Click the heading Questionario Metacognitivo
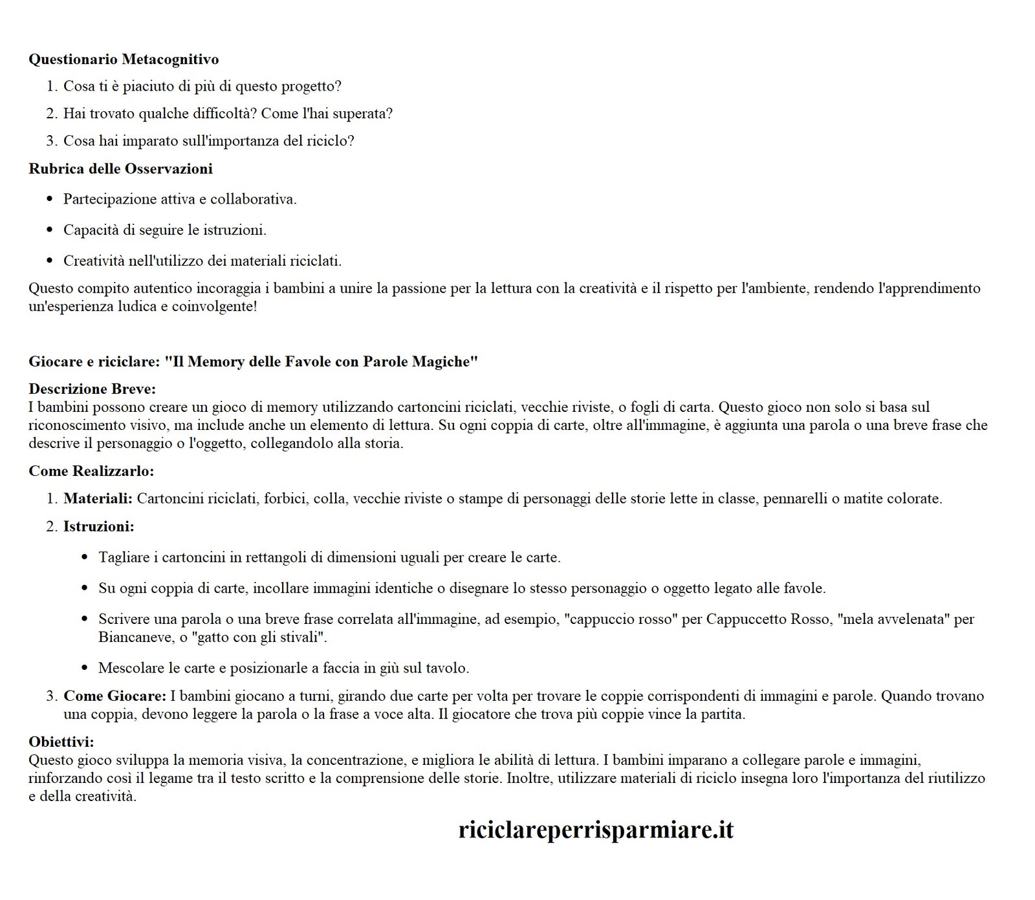[124, 59]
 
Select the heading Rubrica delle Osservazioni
[120, 169]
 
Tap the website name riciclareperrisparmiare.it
[596, 830]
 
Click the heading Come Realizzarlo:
[91, 471]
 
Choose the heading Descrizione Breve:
[93, 389]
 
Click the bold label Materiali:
[98, 498]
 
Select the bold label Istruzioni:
[98, 526]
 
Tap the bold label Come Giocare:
[114, 696]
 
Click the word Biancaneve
[135, 637]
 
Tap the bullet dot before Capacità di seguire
[50, 230]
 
